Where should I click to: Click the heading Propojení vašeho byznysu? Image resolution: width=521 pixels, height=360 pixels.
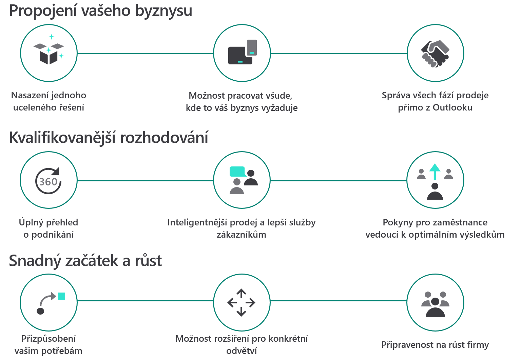coord(101,11)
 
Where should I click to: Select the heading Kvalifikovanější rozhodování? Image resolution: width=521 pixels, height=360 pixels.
coord(109,138)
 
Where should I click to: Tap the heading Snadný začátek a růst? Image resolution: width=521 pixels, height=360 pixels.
coord(85,261)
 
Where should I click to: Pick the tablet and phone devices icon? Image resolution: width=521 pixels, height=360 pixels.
coord(243,52)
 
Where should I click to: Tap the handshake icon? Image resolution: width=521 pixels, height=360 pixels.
coord(435,54)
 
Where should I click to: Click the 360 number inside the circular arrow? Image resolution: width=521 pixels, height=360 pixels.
coord(48,182)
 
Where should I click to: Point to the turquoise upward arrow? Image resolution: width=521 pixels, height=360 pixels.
coord(435,172)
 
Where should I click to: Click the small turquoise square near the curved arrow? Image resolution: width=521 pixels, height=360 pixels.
coord(61,296)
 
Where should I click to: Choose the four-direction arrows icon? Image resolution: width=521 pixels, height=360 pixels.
coord(242,303)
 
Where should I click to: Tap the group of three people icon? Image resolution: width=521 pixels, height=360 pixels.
coord(435,304)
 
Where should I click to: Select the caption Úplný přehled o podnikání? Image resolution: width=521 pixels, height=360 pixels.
coord(49,228)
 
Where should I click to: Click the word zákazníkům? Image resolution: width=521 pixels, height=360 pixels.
coord(242,235)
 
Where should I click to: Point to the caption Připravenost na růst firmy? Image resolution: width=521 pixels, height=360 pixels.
coord(435,345)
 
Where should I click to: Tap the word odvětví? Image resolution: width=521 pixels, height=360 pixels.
coord(242,351)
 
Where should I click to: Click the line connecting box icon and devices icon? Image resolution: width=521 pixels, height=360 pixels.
coord(146,54)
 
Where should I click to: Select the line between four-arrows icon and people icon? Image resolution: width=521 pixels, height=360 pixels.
coord(339,301)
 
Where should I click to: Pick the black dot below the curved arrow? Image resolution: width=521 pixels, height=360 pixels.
coord(40,311)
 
